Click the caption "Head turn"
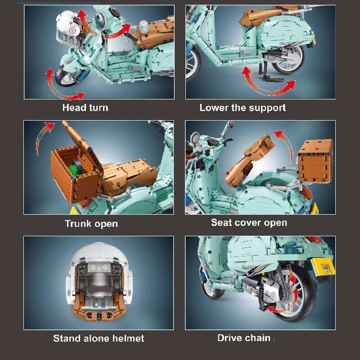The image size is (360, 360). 85,108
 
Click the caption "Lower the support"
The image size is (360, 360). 243,108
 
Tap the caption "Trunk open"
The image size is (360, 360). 91,224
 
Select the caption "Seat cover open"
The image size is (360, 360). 249,223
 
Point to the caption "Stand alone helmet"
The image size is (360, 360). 99,338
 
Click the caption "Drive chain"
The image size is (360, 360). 244,338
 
